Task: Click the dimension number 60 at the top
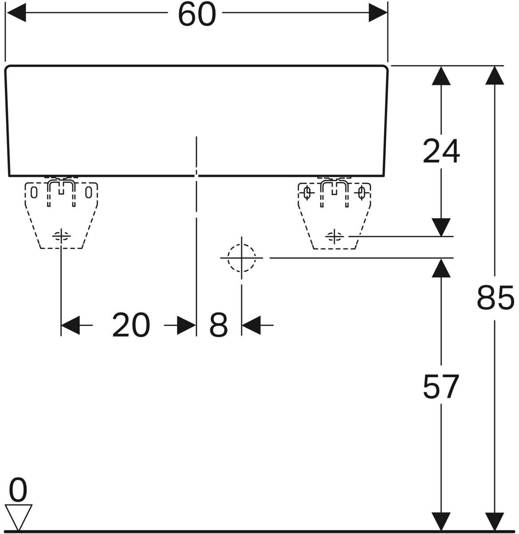click(x=197, y=15)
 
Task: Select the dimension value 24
click(x=441, y=151)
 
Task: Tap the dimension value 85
click(x=495, y=298)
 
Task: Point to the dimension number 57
click(x=441, y=387)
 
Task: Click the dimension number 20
click(x=131, y=325)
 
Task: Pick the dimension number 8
click(x=218, y=325)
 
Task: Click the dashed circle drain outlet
click(x=241, y=258)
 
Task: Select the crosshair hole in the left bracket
click(x=61, y=236)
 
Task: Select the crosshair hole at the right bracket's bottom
click(x=334, y=236)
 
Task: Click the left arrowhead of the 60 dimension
click(x=16, y=12)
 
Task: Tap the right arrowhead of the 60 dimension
click(x=378, y=12)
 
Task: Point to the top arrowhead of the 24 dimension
click(x=441, y=76)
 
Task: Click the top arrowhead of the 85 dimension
click(x=495, y=76)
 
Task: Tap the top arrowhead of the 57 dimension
click(x=441, y=268)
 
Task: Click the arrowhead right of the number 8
click(x=251, y=325)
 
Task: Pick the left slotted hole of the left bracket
click(x=34, y=192)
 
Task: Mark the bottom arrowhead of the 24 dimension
click(x=441, y=227)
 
